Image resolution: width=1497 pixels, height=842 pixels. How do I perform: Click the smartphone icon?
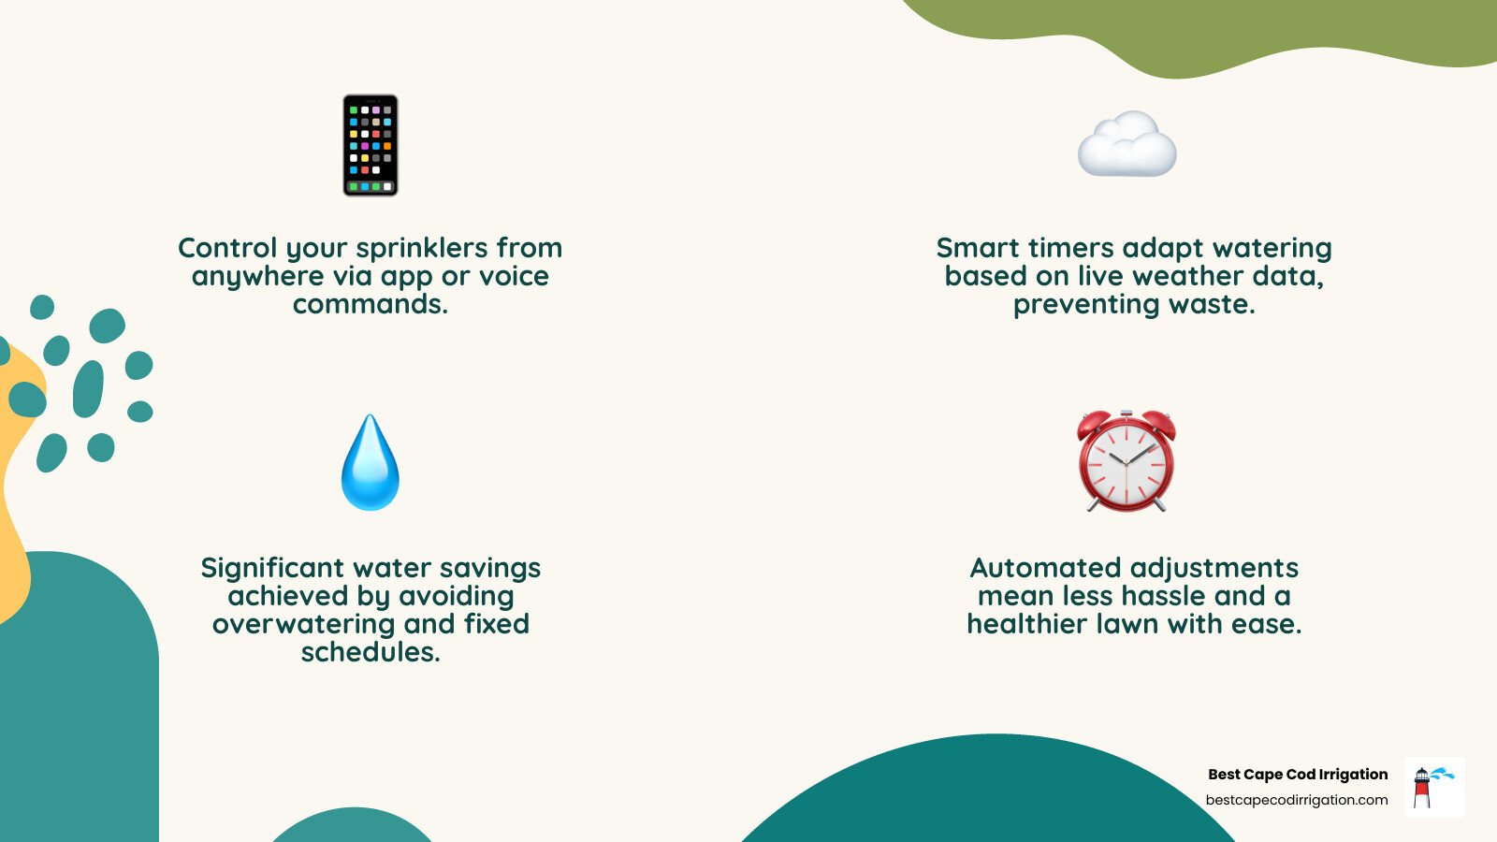click(371, 145)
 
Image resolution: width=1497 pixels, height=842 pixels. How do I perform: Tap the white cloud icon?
click(1126, 145)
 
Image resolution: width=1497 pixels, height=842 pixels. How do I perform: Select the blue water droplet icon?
click(371, 463)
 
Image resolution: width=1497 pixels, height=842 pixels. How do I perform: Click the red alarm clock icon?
click(1126, 461)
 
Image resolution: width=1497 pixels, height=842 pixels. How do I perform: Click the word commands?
click(371, 304)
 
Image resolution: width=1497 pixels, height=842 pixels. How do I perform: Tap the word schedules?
click(371, 652)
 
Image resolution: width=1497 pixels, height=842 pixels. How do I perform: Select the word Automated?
click(1046, 568)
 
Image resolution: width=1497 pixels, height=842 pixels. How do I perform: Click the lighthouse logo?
click(1433, 787)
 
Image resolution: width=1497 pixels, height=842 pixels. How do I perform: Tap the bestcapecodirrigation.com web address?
click(1297, 800)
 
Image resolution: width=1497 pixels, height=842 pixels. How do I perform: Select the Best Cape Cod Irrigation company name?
click(1298, 774)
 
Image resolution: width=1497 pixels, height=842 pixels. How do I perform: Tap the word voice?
click(514, 276)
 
